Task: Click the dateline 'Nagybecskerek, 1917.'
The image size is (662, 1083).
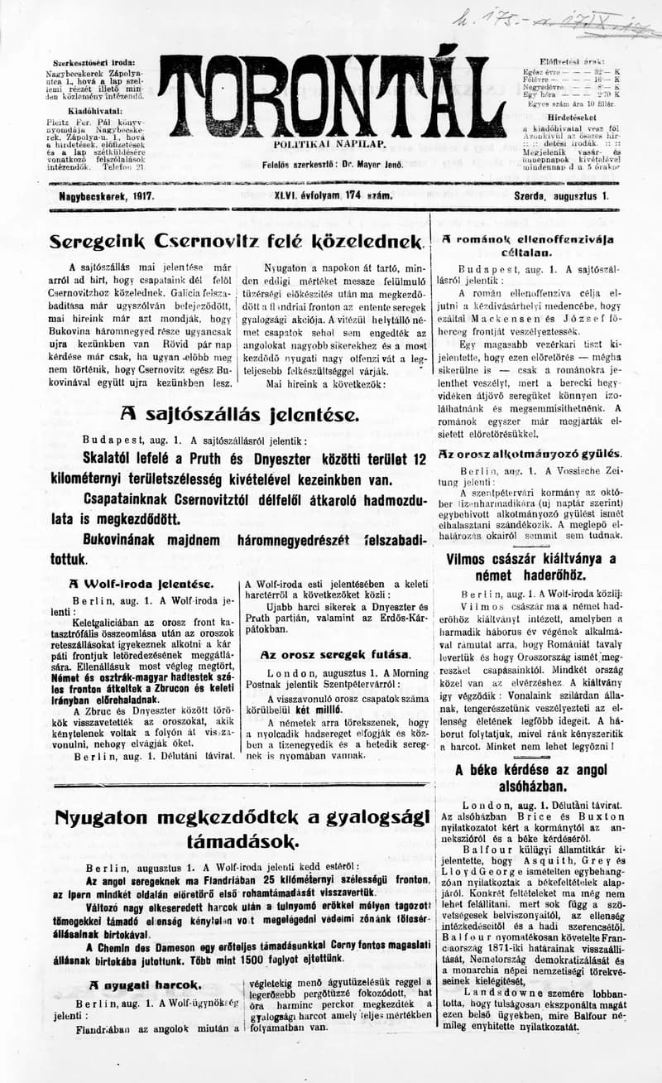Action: point(107,197)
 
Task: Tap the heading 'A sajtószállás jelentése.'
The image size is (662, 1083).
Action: point(239,414)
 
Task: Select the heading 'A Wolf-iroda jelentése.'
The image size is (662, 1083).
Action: point(142,584)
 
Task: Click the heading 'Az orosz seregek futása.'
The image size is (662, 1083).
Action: point(334,654)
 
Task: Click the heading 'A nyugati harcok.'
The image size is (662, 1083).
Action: point(145,984)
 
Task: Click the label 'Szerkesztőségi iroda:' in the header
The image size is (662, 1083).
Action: point(94,63)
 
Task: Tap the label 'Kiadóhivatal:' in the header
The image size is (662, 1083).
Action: point(95,109)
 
